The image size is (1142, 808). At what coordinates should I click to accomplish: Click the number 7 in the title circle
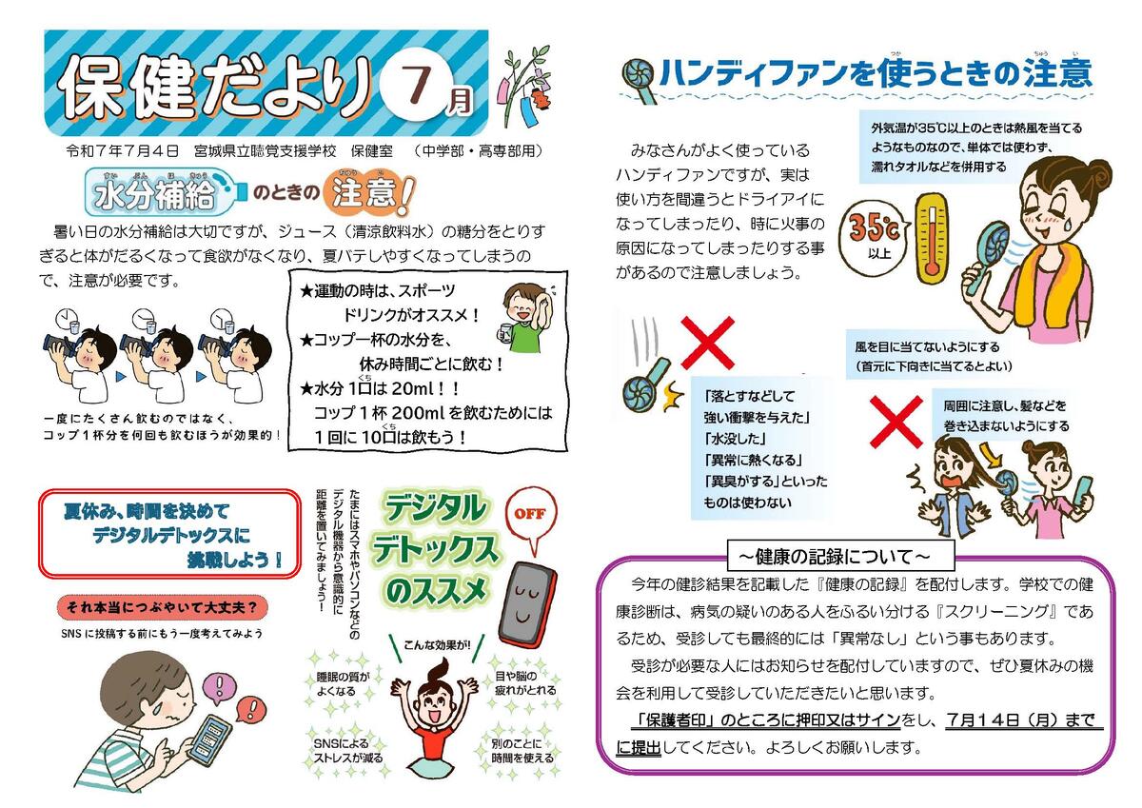(417, 82)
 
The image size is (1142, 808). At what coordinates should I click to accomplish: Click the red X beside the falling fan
(707, 343)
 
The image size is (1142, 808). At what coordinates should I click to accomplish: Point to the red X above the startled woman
(896, 422)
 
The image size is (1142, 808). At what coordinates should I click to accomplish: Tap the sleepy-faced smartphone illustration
(525, 604)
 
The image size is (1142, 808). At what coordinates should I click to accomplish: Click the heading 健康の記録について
(839, 557)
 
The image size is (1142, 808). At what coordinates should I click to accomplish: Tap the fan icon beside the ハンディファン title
(638, 80)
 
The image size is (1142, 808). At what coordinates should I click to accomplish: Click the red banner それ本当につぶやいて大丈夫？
(163, 607)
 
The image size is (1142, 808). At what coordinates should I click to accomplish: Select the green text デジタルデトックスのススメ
(433, 549)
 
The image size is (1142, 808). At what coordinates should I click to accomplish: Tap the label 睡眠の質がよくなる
(343, 684)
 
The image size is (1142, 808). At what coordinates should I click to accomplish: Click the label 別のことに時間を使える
(522, 751)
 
